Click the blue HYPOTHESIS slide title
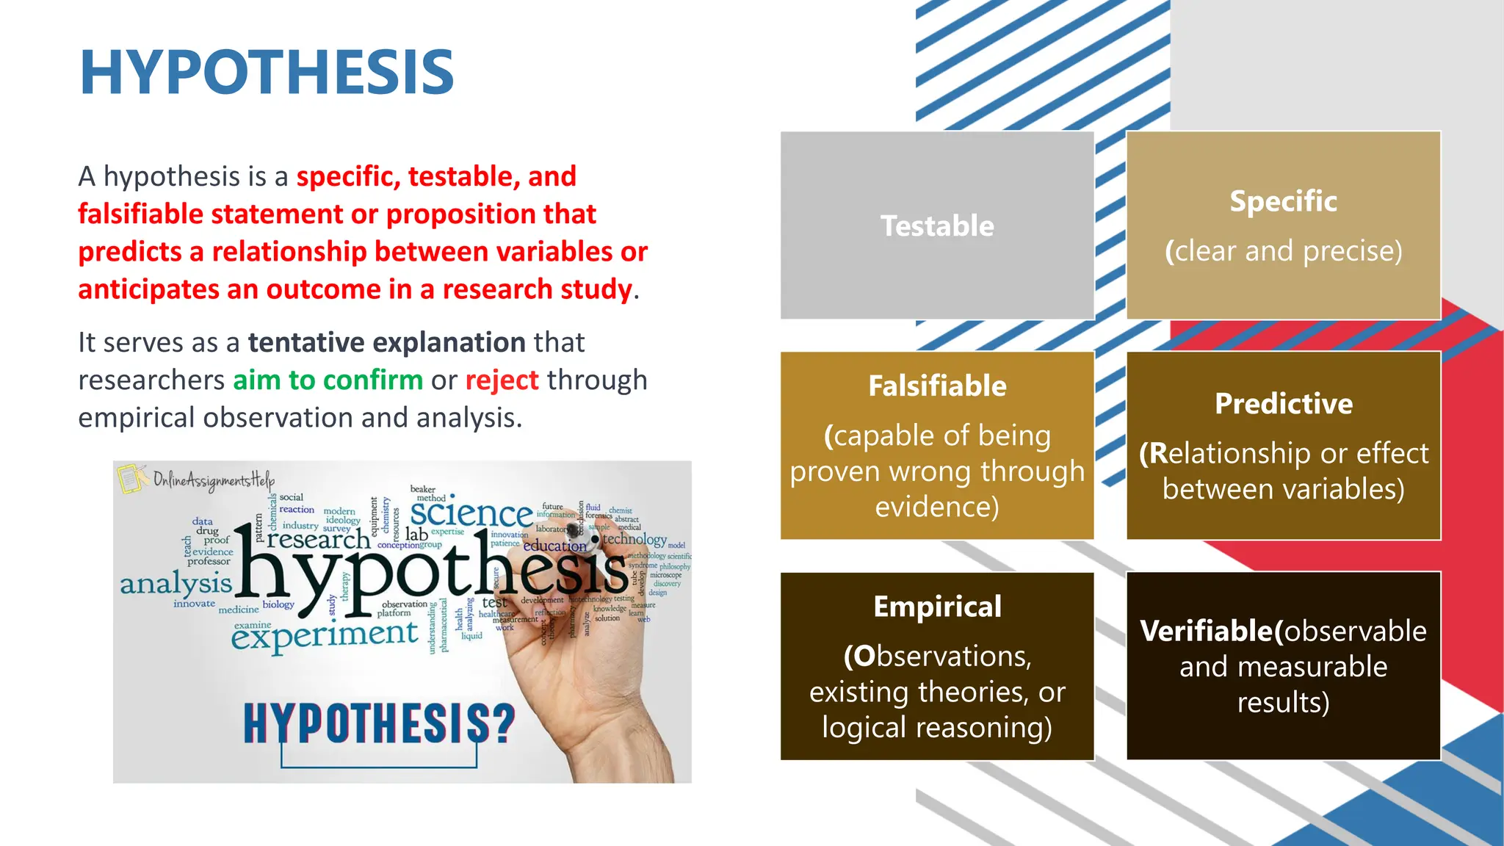[267, 72]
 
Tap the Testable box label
[937, 225]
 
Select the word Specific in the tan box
[1283, 201]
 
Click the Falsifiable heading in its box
[937, 386]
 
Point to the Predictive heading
[1283, 404]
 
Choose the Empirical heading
[937, 607]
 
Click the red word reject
[502, 380]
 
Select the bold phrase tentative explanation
[386, 342]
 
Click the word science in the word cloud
[471, 513]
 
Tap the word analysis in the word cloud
[176, 584]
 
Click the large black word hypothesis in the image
[430, 573]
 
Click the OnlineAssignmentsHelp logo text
[213, 480]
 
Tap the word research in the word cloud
[318, 540]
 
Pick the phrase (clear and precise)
[1283, 251]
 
